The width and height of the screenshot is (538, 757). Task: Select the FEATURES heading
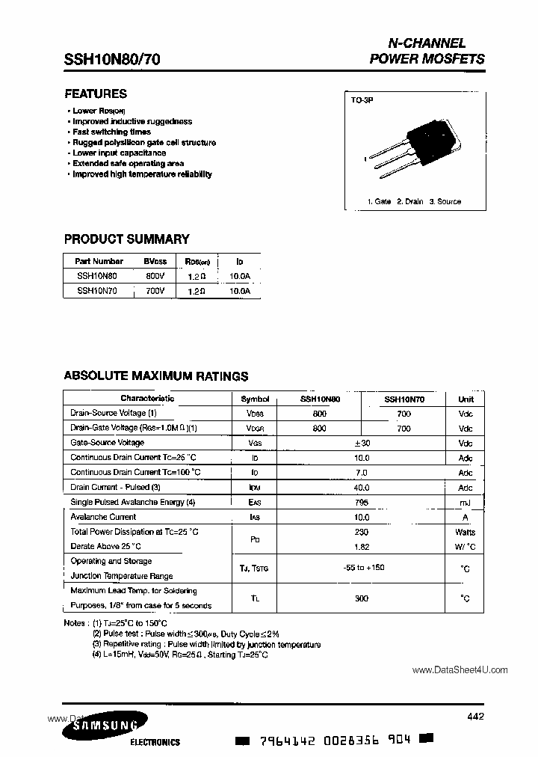coord(96,94)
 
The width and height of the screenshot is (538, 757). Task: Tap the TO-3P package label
coord(362,99)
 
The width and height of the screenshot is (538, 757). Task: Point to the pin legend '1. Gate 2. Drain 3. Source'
coord(414,201)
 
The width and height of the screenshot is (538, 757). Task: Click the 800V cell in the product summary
coord(155,275)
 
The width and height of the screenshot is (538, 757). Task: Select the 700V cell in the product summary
coord(155,289)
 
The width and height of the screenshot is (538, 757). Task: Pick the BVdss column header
coord(155,261)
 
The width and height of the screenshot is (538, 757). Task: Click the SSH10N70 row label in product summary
coord(96,289)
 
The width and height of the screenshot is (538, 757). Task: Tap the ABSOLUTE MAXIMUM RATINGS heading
coord(155,376)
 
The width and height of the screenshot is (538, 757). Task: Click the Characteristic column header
coord(147,399)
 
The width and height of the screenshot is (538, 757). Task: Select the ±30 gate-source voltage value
coord(362,443)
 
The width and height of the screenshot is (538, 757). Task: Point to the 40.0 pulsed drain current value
coord(362,487)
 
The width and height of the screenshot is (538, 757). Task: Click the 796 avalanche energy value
coord(362,502)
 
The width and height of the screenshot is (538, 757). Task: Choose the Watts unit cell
coord(466,532)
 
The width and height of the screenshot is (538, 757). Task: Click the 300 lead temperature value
coord(362,598)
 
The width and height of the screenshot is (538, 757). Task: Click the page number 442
coord(474,717)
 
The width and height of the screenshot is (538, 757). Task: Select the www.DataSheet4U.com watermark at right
coord(460,670)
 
